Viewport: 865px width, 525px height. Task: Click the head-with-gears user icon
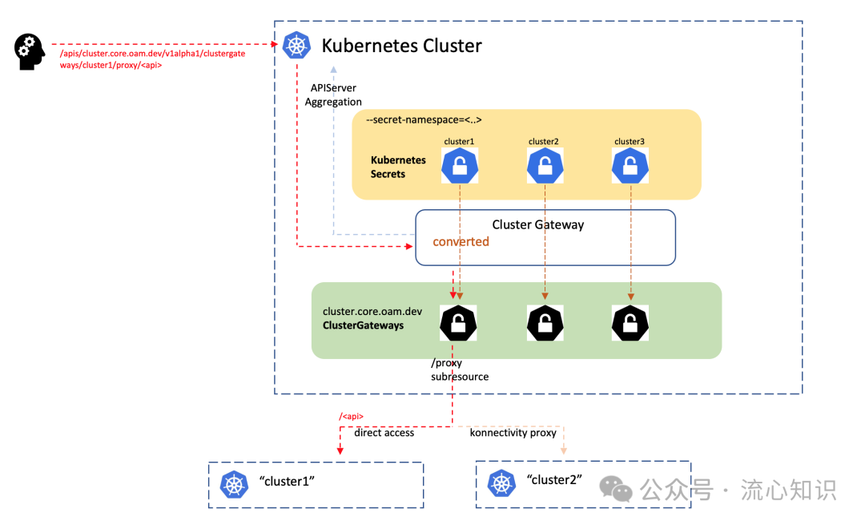pos(30,52)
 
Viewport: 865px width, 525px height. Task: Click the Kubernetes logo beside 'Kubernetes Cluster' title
pos(296,45)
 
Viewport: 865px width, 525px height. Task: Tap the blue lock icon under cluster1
pos(460,166)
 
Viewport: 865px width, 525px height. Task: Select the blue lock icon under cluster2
pos(545,166)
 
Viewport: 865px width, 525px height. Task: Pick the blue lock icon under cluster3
pos(630,166)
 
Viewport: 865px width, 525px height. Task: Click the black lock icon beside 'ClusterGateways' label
pos(458,323)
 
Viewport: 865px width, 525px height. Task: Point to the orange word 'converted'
pos(461,242)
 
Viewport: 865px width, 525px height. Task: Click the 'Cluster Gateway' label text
pos(538,224)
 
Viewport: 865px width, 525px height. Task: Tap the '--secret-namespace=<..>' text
pos(424,119)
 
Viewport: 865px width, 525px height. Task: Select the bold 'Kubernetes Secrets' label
pos(398,167)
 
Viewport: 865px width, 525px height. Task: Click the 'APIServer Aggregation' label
pos(333,95)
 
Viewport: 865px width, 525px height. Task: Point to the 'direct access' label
pos(384,433)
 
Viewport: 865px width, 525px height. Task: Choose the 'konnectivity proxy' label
pos(513,433)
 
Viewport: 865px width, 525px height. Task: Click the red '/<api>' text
pos(352,416)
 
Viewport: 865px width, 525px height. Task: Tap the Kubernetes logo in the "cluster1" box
pos(234,485)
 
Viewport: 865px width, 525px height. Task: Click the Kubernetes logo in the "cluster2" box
pos(501,483)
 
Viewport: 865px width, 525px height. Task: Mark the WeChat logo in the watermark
pos(616,489)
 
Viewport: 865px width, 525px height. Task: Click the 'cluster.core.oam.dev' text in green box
pos(372,311)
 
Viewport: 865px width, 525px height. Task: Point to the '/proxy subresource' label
pos(460,370)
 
